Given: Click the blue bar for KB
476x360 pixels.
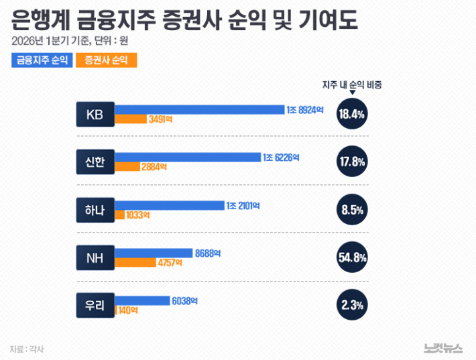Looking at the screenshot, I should pyautogui.click(x=200, y=109).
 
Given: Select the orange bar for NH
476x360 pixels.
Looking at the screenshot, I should pyautogui.click(x=135, y=263).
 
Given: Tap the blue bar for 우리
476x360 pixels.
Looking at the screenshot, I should pyautogui.click(x=142, y=300).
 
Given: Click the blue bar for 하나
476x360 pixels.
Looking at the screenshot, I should pyautogui.click(x=169, y=205).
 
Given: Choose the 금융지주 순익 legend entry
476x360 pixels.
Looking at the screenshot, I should pyautogui.click(x=41, y=60).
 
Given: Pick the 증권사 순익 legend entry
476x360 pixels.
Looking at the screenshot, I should pyautogui.click(x=107, y=60).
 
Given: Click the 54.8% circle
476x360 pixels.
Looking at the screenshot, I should pyautogui.click(x=352, y=258).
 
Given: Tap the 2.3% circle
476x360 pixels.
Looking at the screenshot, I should pyautogui.click(x=352, y=306).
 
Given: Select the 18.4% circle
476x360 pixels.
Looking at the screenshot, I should pyautogui.click(x=352, y=114).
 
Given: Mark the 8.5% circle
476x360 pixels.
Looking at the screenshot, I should pyautogui.click(x=352, y=210).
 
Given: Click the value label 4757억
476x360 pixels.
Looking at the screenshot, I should pyautogui.click(x=170, y=263).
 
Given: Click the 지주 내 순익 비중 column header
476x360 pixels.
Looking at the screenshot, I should pyautogui.click(x=352, y=85).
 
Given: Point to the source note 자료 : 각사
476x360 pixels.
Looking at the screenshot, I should pyautogui.click(x=27, y=349).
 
